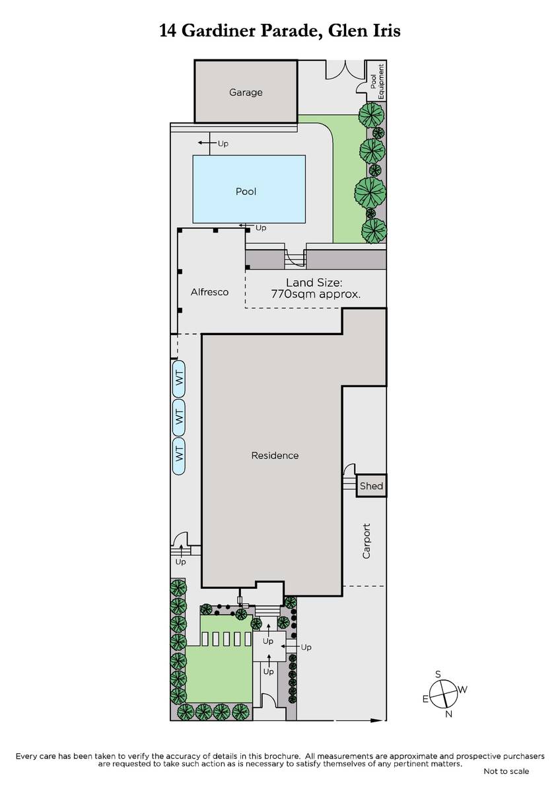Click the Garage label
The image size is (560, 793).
[x=246, y=93]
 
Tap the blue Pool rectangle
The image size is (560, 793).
[x=249, y=189]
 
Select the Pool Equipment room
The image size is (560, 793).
[x=376, y=81]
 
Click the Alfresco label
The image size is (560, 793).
[x=209, y=292]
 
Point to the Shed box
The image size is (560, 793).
[x=371, y=486]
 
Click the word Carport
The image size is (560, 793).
[x=366, y=541]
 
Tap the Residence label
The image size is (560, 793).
[x=275, y=455]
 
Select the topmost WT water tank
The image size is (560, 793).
[x=179, y=379]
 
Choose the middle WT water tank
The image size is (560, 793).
[x=179, y=418]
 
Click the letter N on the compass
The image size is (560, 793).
[x=448, y=714]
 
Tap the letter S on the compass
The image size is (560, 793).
[x=438, y=674]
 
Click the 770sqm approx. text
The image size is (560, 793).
[x=316, y=294]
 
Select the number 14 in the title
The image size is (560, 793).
[x=168, y=31]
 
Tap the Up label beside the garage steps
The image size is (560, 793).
[x=223, y=144]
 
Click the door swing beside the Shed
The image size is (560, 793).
[x=349, y=469]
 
